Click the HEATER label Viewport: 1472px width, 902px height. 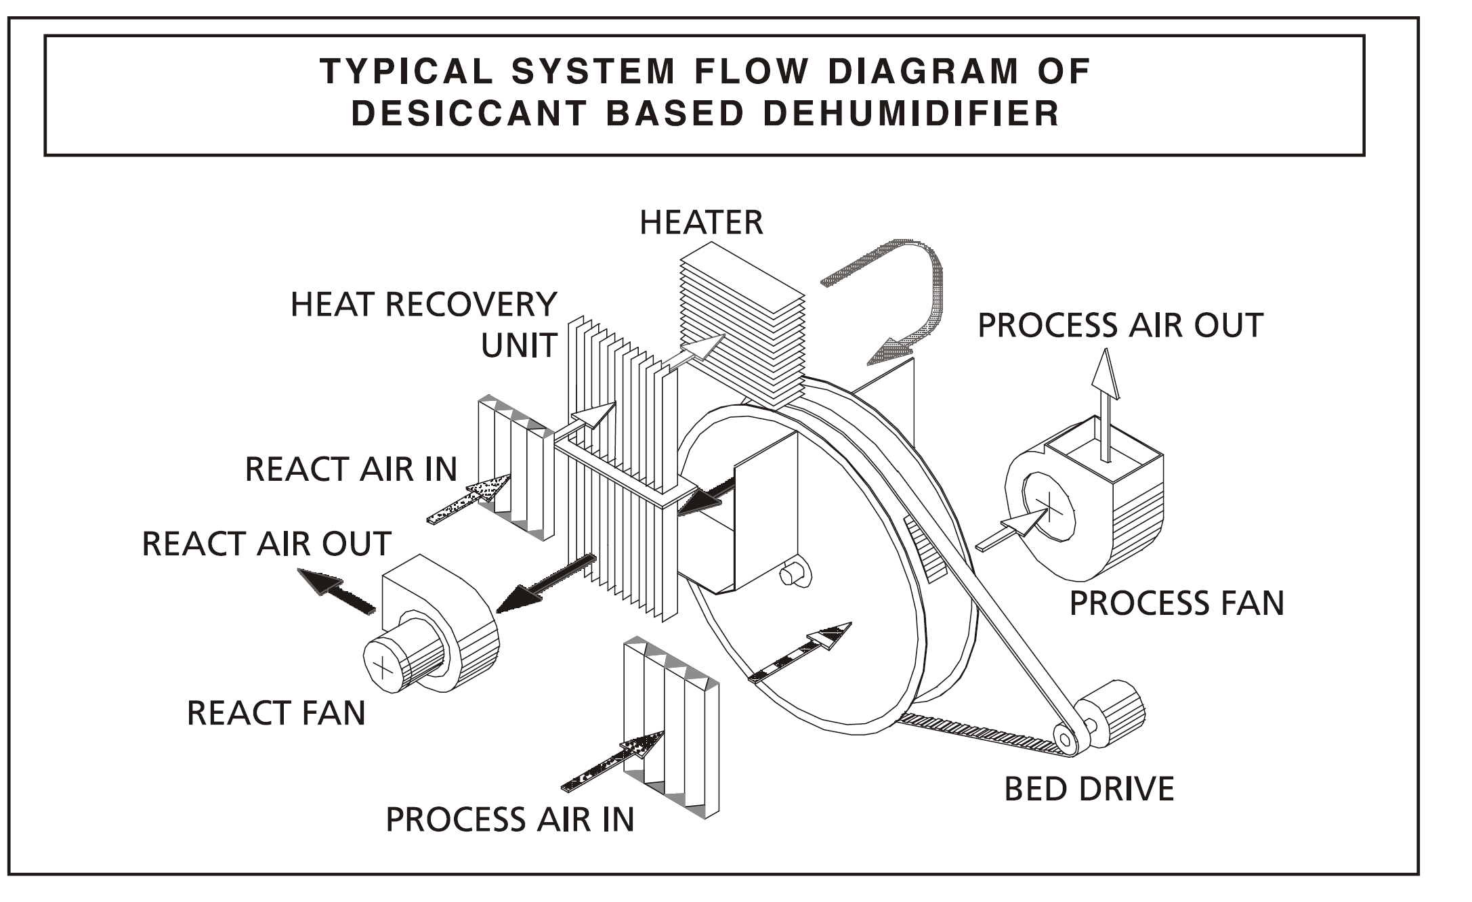point(701,223)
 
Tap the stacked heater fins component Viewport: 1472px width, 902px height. point(742,325)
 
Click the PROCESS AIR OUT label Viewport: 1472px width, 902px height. point(1120,326)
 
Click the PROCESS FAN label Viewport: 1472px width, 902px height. point(1176,603)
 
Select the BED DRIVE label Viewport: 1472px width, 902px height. point(1089,789)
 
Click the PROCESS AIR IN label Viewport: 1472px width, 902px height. point(509,819)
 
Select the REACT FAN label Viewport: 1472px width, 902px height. point(276,713)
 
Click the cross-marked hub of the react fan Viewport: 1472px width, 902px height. point(383,667)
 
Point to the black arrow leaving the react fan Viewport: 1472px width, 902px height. point(337,591)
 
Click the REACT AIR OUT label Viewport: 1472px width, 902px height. point(266,544)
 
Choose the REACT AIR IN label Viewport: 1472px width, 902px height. point(350,469)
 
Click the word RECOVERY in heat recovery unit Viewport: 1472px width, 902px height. point(471,305)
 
